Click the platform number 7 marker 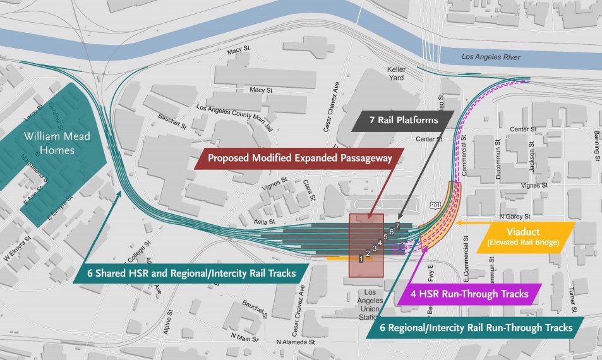[x=397, y=226]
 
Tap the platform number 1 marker [x=361, y=258]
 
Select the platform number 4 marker [x=380, y=243]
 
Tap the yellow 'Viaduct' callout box [x=526, y=237]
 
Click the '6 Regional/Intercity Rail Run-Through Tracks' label [x=476, y=328]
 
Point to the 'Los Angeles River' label [x=491, y=57]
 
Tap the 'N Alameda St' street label [x=296, y=342]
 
